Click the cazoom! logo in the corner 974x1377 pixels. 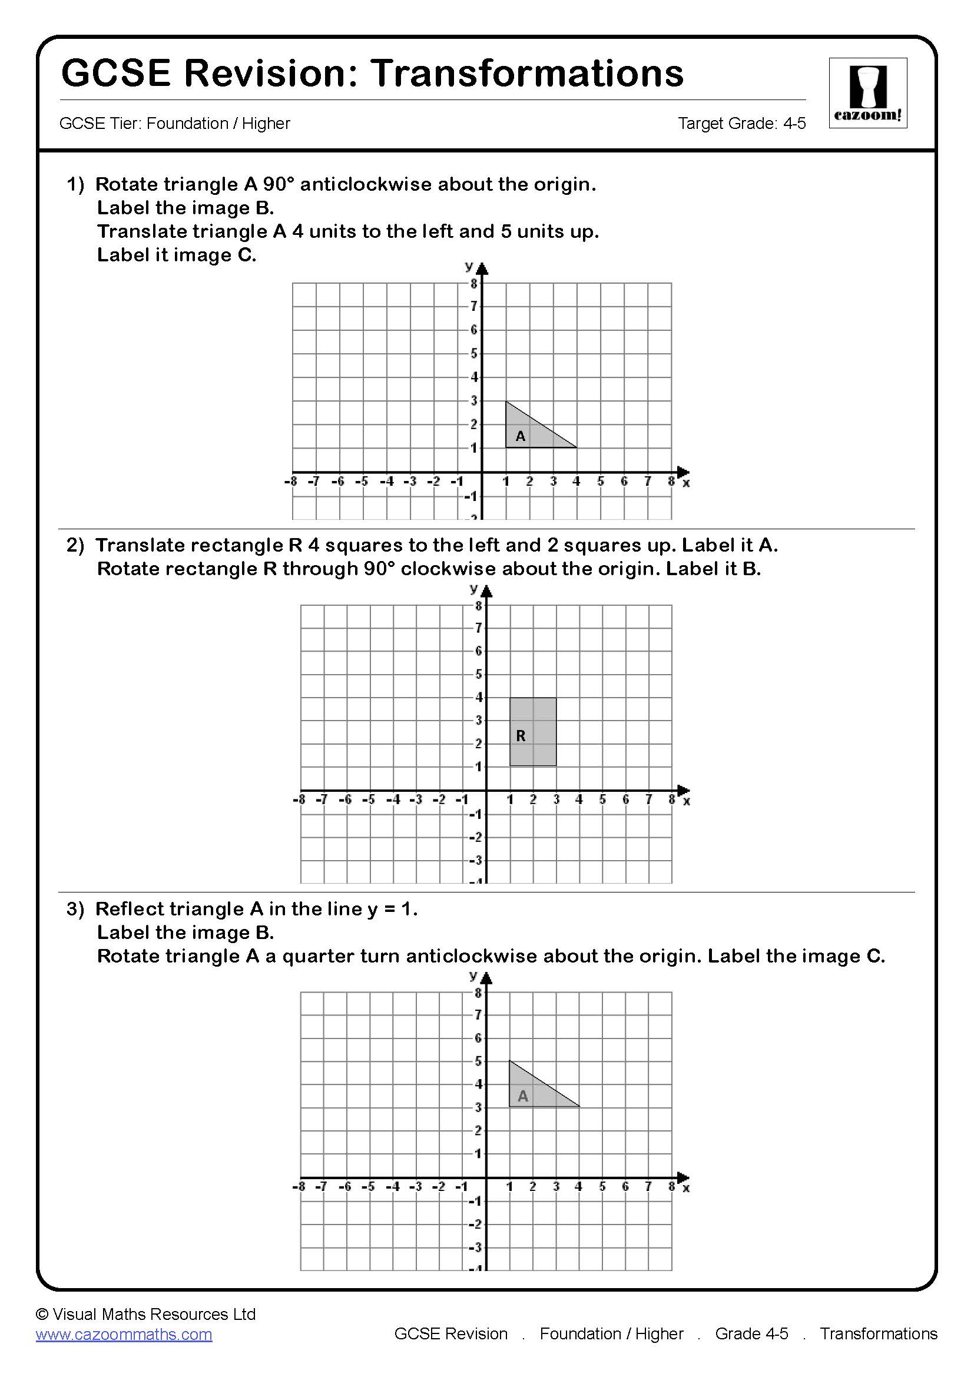(867, 92)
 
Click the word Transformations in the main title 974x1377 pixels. (526, 73)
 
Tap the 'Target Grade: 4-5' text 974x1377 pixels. (741, 124)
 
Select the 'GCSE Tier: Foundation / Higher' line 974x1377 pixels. (174, 124)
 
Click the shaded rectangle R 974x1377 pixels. (532, 731)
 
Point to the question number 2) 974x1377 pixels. (75, 545)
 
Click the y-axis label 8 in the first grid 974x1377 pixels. (474, 284)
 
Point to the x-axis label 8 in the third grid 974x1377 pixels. (671, 1187)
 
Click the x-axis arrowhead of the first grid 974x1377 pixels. (683, 472)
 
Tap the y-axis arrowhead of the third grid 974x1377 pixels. (487, 980)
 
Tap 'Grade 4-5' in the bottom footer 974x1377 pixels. (751, 1334)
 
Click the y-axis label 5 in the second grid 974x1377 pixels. (478, 675)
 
